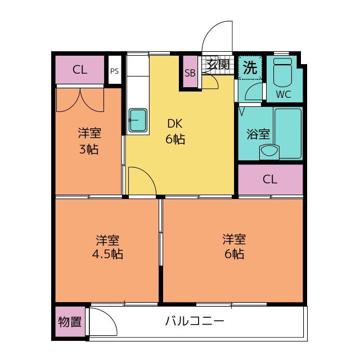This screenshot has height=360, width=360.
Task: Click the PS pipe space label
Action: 115,71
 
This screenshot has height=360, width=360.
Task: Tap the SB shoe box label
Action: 190,73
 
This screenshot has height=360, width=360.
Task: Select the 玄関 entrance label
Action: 218,65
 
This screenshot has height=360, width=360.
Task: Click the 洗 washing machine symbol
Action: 250,67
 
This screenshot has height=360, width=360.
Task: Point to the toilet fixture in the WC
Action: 282,71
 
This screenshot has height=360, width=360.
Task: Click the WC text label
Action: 283,94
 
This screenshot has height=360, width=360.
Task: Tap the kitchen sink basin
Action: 138,120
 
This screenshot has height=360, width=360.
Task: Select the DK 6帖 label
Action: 175,131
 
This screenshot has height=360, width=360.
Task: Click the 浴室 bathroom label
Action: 258,134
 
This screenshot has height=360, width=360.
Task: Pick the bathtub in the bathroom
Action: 288,134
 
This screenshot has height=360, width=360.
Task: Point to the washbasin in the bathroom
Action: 269,151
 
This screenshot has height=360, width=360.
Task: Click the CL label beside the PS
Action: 80,70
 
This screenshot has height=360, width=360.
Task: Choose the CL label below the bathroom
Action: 270,179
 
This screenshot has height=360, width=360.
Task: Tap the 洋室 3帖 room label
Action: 89,141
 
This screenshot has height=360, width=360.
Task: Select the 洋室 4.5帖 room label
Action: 107,247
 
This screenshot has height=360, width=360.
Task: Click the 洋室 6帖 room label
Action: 234,246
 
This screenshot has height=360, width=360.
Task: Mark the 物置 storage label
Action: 70,322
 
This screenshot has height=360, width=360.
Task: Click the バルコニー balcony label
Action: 195,321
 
